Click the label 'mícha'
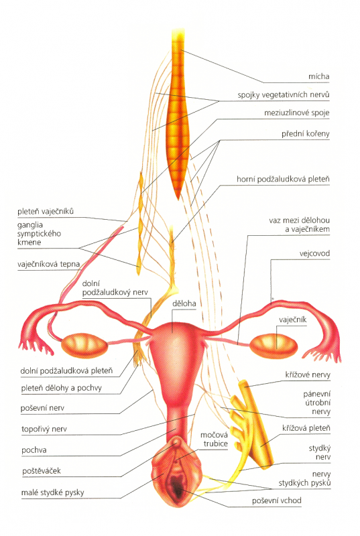point(318,76)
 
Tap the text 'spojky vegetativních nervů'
point(284,94)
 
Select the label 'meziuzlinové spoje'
point(296,113)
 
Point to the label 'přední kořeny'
point(305,133)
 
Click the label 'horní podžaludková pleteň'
point(283,179)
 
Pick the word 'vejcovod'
point(314,253)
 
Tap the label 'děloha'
point(184,304)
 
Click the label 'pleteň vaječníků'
point(46,211)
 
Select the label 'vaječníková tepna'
point(48,264)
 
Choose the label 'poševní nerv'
point(42,408)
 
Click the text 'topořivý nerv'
point(44,429)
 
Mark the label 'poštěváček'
point(42,471)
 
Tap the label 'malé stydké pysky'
point(53,492)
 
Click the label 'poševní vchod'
point(277,500)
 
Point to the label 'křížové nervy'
point(308,375)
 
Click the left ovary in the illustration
point(84,345)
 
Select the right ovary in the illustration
point(273,345)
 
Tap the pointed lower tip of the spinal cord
point(177,198)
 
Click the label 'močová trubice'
point(214,440)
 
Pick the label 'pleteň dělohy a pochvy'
point(62,388)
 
